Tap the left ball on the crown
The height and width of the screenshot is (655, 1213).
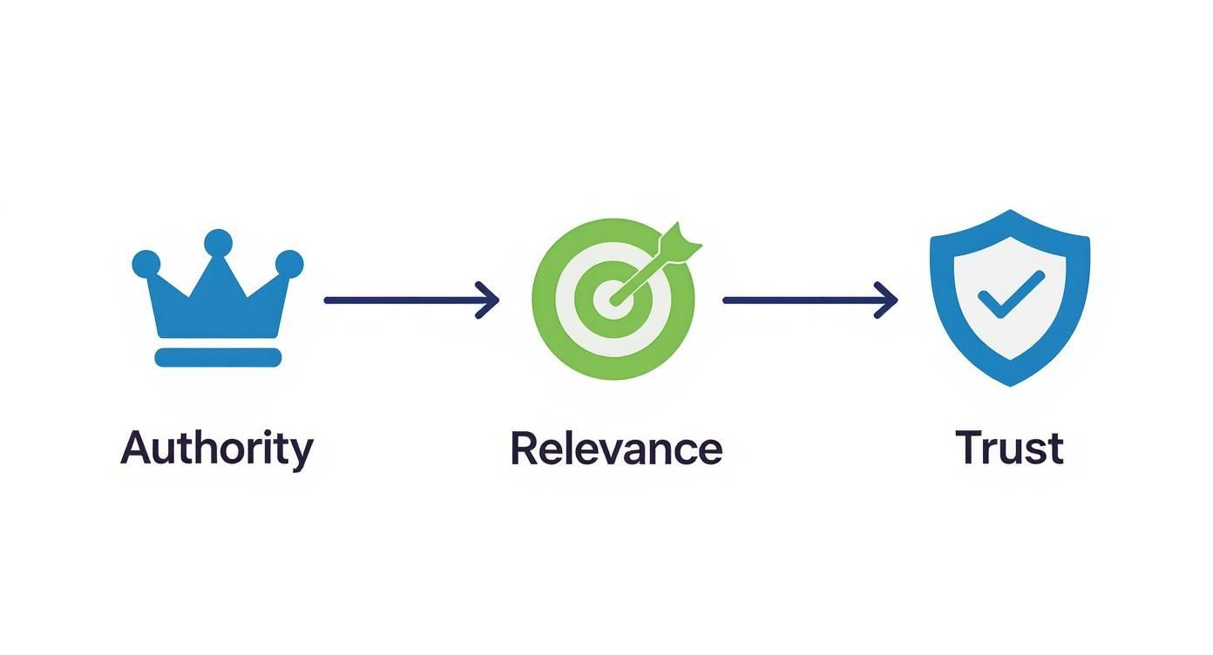pyautogui.click(x=146, y=263)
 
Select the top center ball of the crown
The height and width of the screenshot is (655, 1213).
pyautogui.click(x=218, y=242)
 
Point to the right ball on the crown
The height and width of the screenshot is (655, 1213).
pyautogui.click(x=289, y=263)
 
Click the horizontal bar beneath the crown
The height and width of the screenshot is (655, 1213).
pyautogui.click(x=218, y=357)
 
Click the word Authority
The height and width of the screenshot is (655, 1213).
pyautogui.click(x=216, y=449)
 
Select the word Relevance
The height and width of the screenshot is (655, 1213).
pyautogui.click(x=616, y=449)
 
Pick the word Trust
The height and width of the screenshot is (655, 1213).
pyautogui.click(x=1009, y=449)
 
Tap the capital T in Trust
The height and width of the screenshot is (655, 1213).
pyautogui.click(x=969, y=448)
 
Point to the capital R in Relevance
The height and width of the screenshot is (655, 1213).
pyautogui.click(x=525, y=448)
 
